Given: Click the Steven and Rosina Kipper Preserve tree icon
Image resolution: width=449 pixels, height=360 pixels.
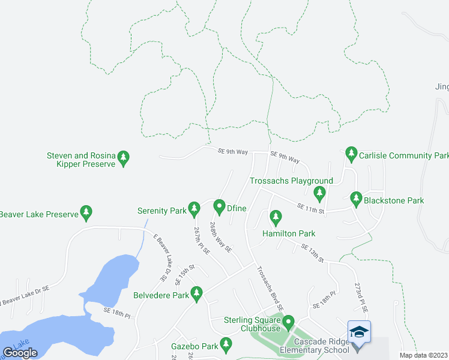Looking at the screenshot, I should [x=124, y=158].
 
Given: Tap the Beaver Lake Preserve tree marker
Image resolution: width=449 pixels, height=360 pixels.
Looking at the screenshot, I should [x=87, y=212].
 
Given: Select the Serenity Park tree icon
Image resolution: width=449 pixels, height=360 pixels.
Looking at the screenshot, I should [x=194, y=208].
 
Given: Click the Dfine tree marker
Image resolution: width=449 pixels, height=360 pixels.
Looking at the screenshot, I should [x=219, y=207].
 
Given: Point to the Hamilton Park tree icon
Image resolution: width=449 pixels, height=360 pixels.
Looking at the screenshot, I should [x=276, y=216].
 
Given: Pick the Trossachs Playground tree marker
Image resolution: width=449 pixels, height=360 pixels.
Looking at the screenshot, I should [x=319, y=193].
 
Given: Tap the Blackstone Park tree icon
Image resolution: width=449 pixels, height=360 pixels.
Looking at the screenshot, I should [x=356, y=197].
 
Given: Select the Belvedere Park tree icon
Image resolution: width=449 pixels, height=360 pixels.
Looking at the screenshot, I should [x=196, y=293].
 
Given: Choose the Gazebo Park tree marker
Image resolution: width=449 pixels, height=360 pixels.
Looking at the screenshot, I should [x=226, y=344].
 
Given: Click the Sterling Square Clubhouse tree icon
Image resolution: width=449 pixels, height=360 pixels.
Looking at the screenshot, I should [x=289, y=324].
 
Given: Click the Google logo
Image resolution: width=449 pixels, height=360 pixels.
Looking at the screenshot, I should [x=20, y=353].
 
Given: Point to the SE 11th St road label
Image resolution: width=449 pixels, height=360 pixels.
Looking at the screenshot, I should [x=311, y=208].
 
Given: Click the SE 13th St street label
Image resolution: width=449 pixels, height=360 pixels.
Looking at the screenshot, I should [x=312, y=253].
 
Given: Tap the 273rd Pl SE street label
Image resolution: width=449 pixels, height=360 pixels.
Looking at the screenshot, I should [x=360, y=296].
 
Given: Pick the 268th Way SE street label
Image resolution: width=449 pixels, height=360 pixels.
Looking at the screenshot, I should [x=220, y=237].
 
